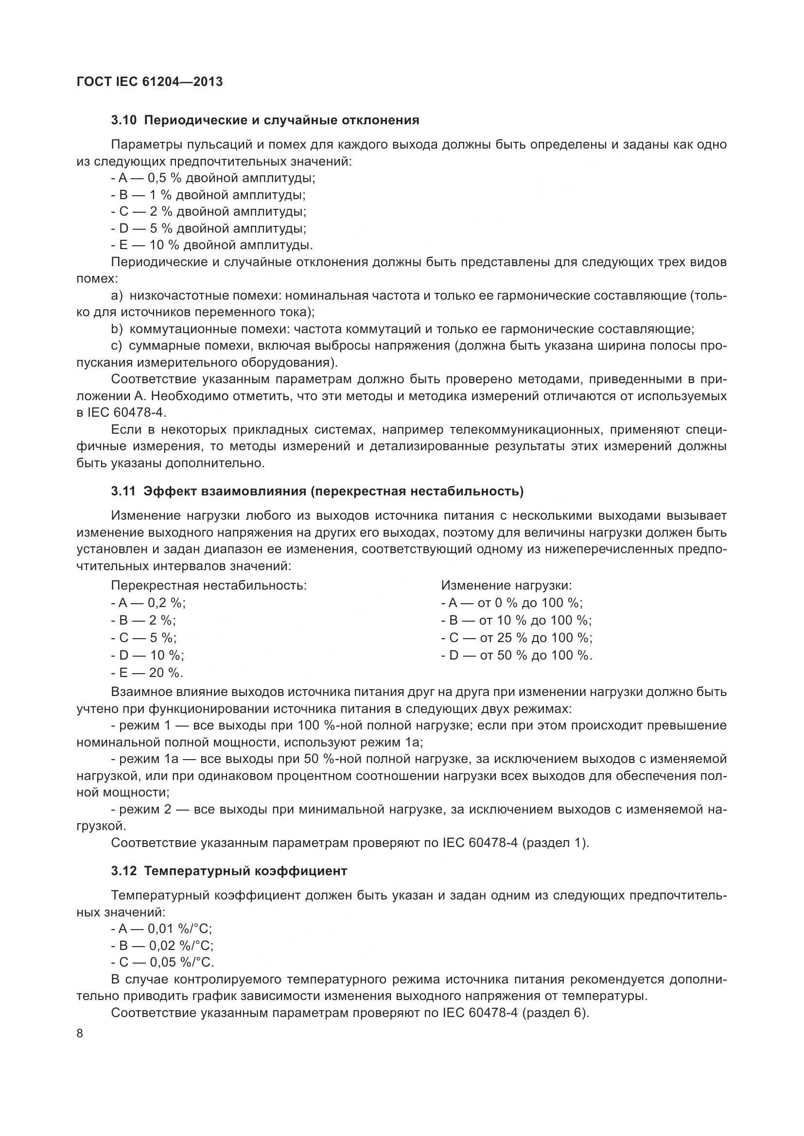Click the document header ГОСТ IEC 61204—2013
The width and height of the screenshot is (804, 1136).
click(150, 82)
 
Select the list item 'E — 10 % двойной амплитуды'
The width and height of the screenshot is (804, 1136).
click(212, 245)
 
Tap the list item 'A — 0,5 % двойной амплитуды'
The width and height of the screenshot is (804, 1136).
click(213, 178)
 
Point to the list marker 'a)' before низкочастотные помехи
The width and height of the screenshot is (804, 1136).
click(116, 295)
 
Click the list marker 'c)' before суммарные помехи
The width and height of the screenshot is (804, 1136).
click(116, 345)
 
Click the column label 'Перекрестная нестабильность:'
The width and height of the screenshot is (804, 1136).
click(209, 585)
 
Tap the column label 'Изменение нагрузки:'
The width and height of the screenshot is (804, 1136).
click(507, 585)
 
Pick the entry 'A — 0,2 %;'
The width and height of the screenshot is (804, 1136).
click(149, 603)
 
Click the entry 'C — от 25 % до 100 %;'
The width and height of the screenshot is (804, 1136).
click(517, 637)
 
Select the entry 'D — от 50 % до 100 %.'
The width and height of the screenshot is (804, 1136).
click(517, 655)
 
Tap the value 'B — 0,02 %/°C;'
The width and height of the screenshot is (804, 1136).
click(162, 946)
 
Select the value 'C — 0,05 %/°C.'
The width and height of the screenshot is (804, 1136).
click(162, 962)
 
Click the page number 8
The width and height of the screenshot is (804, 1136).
click(80, 1034)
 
